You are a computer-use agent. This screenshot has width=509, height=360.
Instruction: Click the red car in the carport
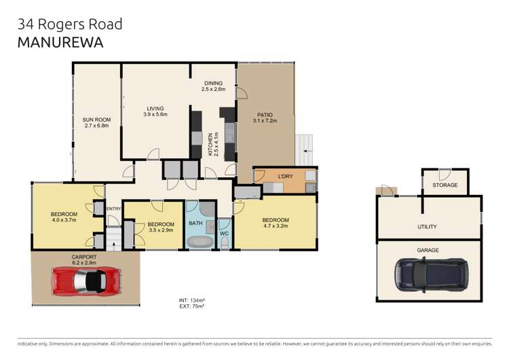(x=86, y=278)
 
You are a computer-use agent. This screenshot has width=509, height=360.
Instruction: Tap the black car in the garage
(x=430, y=273)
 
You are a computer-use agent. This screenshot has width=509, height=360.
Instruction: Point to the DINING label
(x=213, y=84)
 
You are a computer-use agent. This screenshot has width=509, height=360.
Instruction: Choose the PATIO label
(x=265, y=115)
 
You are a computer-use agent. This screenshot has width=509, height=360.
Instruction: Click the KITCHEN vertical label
(x=212, y=144)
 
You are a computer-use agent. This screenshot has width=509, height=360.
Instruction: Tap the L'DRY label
(x=285, y=177)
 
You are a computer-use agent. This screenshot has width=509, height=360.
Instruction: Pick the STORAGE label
(x=445, y=185)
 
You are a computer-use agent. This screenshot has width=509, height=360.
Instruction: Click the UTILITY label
(x=427, y=227)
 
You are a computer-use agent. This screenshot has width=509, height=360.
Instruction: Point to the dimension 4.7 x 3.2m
(x=276, y=227)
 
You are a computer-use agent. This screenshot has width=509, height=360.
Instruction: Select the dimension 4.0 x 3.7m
(x=64, y=221)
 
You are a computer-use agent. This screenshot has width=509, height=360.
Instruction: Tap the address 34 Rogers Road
(x=70, y=24)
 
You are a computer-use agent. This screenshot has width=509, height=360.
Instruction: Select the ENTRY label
(x=113, y=209)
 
